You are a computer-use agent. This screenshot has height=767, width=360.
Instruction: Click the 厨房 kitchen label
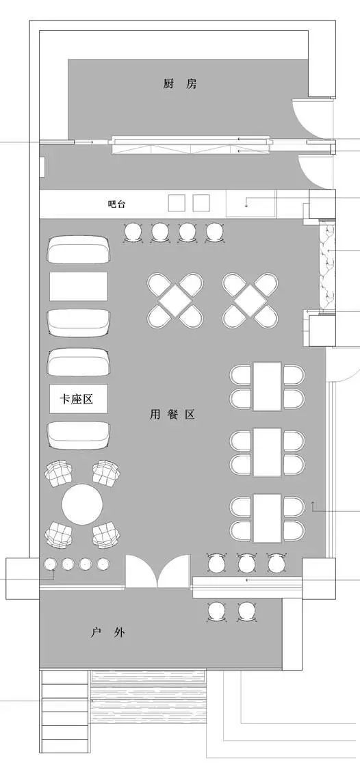[x=181, y=84]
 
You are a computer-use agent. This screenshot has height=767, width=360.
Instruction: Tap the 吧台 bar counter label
[x=117, y=204]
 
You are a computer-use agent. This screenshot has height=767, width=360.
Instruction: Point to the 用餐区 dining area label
[x=172, y=415]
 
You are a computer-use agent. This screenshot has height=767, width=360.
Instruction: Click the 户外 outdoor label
[x=107, y=632]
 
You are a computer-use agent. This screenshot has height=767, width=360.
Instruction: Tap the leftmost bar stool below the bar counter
[x=132, y=233]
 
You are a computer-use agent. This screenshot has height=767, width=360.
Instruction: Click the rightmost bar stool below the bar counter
[x=215, y=233]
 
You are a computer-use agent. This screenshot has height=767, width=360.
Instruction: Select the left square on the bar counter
[x=177, y=203]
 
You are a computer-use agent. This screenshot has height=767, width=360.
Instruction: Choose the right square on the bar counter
[x=201, y=203]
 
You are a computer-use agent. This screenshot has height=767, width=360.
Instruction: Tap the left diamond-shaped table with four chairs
[x=175, y=300]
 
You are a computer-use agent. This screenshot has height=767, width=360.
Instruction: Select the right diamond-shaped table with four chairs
[x=250, y=300]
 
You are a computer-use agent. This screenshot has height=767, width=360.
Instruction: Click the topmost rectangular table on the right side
[x=267, y=385]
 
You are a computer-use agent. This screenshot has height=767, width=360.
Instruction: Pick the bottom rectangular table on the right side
[x=267, y=517]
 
